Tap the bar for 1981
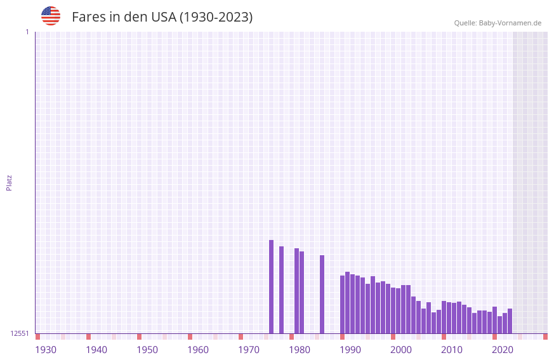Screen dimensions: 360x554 click(x=296, y=291)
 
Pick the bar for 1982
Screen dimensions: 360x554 click(x=301, y=293)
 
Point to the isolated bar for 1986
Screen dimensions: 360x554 click(x=322, y=295)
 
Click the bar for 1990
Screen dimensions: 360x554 click(x=342, y=305)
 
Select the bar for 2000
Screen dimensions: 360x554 click(x=393, y=310)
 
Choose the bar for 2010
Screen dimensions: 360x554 click(x=444, y=317)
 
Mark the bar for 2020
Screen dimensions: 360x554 click(x=494, y=320)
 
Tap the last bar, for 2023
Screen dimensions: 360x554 click(x=510, y=321)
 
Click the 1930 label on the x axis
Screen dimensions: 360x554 click(x=46, y=350)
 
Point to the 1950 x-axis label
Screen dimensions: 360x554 click(x=147, y=350)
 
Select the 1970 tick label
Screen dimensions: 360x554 click(x=249, y=350)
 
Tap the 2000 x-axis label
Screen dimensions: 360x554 click(x=401, y=350)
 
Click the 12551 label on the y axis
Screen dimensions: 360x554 click(x=19, y=333)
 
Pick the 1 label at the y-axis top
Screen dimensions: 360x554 click(x=27, y=32)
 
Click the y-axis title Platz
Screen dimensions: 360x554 click(x=9, y=182)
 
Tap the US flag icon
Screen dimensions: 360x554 click(x=51, y=16)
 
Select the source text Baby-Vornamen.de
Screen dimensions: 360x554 click(x=510, y=23)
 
